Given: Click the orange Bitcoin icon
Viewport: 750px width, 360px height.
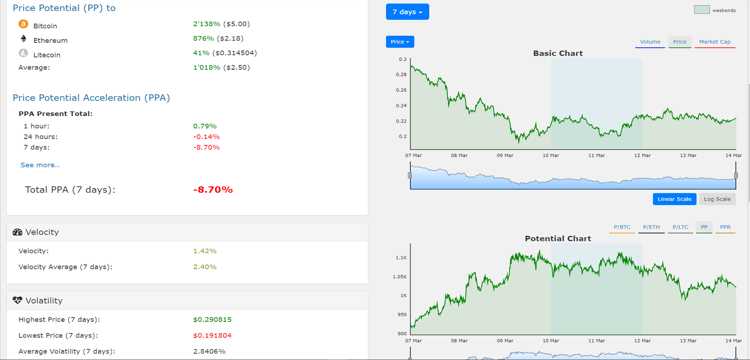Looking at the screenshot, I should (x=23, y=24).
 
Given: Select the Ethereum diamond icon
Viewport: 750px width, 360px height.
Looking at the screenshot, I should (x=23, y=38).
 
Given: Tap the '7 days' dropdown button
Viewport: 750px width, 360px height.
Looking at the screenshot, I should (x=407, y=12).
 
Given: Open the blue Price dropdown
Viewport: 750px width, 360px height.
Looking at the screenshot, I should (x=400, y=42).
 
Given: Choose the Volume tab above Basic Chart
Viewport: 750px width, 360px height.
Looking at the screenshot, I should (x=650, y=42).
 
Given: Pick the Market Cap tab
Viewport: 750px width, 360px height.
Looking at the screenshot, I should (x=714, y=42).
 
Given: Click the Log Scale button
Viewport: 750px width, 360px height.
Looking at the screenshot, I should (x=717, y=199).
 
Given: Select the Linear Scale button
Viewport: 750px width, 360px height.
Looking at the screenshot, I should (x=674, y=199).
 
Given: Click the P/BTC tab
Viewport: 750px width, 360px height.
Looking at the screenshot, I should (x=622, y=227).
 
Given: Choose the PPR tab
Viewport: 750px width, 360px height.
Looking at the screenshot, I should (x=725, y=227).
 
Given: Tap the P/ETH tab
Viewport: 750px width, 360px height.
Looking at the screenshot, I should (x=651, y=227).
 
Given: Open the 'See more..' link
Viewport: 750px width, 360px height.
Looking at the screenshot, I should (x=40, y=165).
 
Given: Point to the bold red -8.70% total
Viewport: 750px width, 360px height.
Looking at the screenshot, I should (x=213, y=190).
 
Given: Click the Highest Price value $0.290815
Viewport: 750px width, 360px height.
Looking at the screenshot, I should (x=212, y=320).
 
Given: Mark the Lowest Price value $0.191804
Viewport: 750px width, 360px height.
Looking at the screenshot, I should (x=212, y=335).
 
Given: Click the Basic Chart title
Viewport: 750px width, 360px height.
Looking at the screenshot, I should (x=558, y=54).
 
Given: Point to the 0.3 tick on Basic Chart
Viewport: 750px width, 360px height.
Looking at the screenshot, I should (x=403, y=59).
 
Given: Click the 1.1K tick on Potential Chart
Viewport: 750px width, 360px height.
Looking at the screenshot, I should (x=401, y=258).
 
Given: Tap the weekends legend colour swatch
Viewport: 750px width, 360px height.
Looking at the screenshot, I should (x=702, y=10).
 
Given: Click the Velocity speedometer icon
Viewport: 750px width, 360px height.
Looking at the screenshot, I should (x=17, y=232).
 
